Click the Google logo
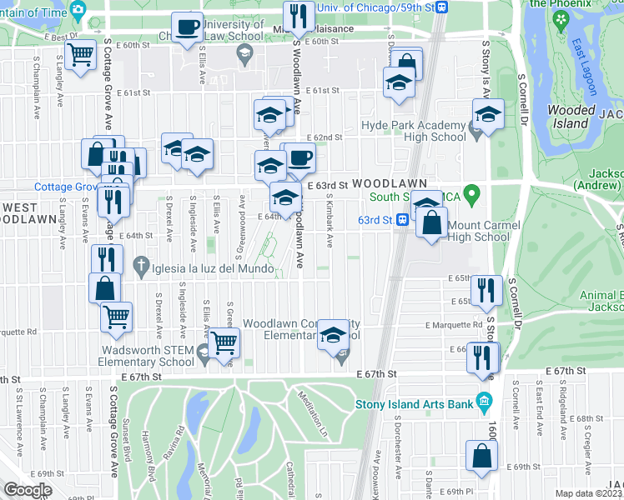coord(27,489)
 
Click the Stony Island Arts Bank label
coord(415,405)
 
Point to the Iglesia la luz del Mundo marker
coord(141,268)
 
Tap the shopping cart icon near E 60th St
coord(81,56)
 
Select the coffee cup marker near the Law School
coord(187,27)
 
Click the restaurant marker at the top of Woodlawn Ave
coord(298,16)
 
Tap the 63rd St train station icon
coord(402,220)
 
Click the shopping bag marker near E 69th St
coord(482,457)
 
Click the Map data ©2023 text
coord(589,493)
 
